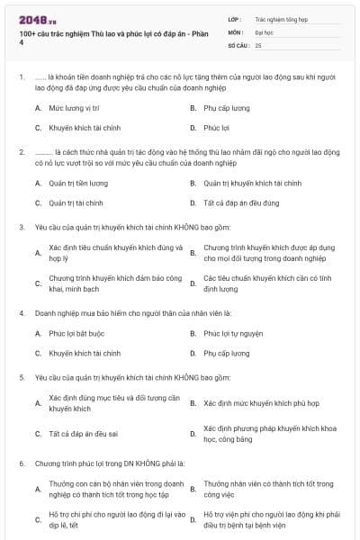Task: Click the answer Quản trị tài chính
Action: point(76,203)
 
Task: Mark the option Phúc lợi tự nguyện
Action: point(233,334)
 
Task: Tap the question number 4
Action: point(21,312)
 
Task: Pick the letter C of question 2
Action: point(38,203)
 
